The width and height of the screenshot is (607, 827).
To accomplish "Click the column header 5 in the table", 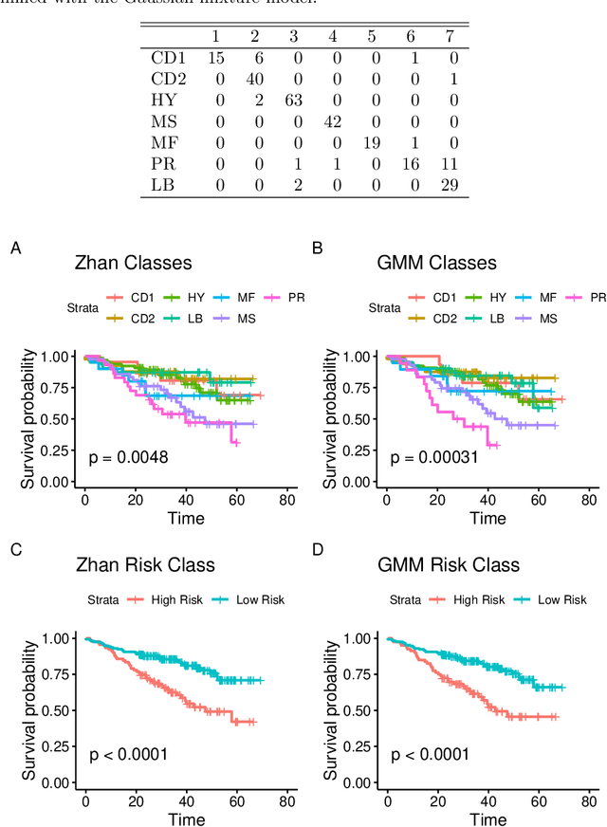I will tap(371, 35).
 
